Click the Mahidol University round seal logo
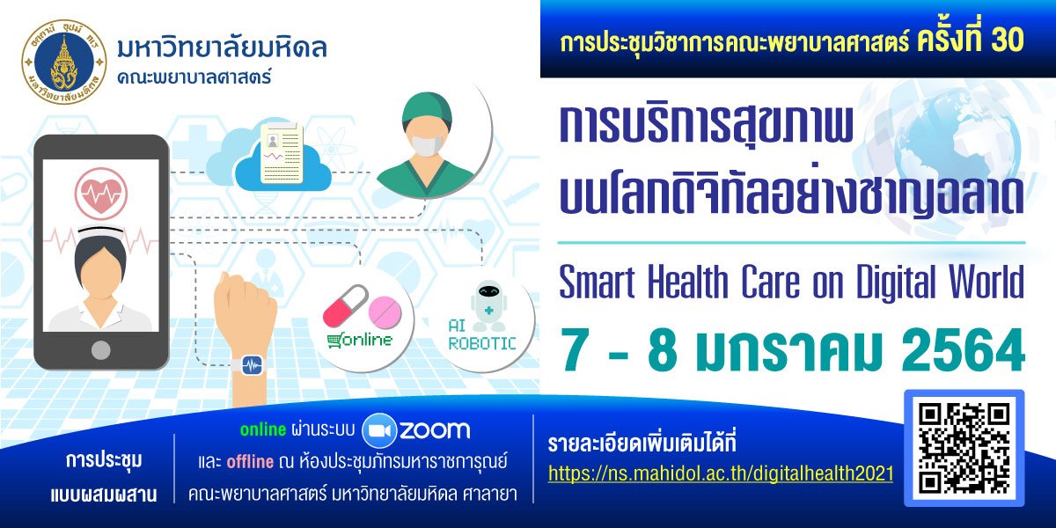click(x=64, y=62)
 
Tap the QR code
click(x=964, y=448)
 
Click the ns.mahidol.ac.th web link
click(x=721, y=473)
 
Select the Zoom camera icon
click(x=379, y=430)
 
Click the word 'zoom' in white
click(x=435, y=430)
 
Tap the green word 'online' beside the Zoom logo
click(x=263, y=429)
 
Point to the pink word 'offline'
click(x=250, y=461)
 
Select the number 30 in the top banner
click(x=1008, y=40)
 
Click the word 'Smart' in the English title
click(x=597, y=282)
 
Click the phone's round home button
click(x=101, y=350)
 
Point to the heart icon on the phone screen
click(x=101, y=194)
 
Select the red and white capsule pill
click(x=345, y=305)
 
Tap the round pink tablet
click(x=385, y=312)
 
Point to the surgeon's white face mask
click(x=427, y=144)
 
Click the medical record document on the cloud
click(x=282, y=154)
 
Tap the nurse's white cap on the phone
click(x=100, y=231)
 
